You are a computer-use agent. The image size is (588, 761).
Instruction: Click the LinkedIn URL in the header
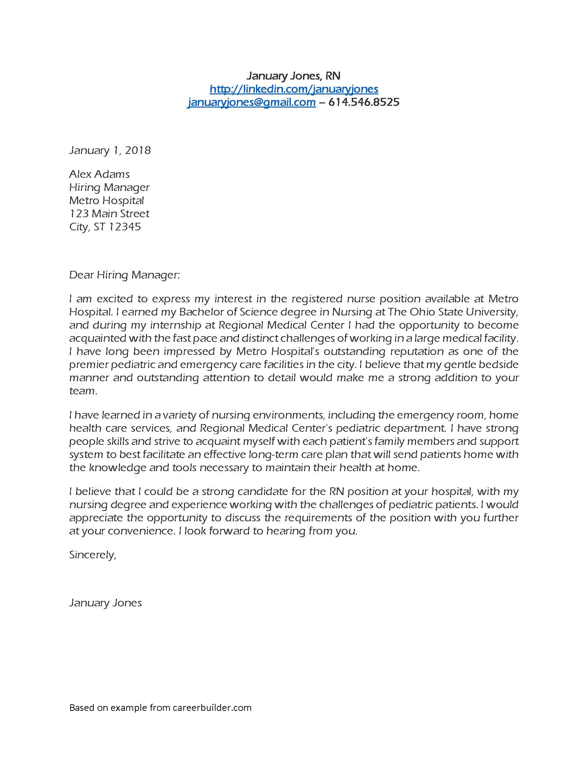click(x=294, y=89)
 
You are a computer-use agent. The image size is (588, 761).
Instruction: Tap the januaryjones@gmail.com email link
click(x=251, y=102)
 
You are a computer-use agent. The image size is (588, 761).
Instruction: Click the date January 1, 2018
click(x=110, y=150)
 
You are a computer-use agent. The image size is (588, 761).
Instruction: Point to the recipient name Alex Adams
click(x=99, y=174)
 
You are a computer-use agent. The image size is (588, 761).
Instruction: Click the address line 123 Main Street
click(x=109, y=213)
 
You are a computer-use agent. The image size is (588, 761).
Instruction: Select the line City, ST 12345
click(x=105, y=227)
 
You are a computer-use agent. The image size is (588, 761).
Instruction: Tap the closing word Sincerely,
click(x=92, y=555)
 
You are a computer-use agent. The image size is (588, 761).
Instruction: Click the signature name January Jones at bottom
click(x=105, y=603)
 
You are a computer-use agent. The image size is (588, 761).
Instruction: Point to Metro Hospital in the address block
click(x=106, y=200)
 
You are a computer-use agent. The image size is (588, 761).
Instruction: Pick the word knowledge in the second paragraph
click(x=116, y=468)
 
